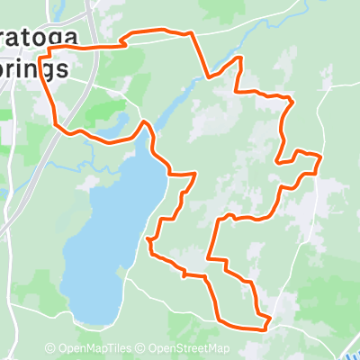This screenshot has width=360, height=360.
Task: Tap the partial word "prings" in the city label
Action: tap(33, 68)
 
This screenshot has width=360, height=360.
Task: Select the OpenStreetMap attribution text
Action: tap(189, 349)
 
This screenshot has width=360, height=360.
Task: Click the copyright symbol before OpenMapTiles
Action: tap(50, 349)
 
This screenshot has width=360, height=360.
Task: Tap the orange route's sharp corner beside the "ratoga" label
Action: tap(49, 49)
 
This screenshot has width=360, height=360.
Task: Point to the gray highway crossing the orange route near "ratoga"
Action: tap(90, 45)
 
